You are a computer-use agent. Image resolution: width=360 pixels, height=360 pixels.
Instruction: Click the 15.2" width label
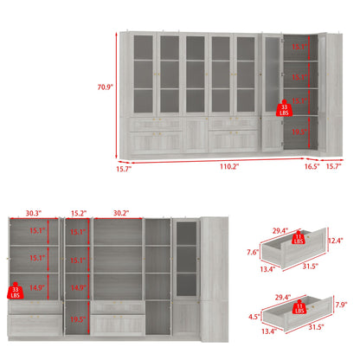click(77, 210)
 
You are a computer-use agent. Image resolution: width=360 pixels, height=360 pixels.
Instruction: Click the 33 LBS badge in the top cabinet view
click(283, 110)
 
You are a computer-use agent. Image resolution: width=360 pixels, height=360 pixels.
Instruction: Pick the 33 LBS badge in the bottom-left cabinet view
click(13, 290)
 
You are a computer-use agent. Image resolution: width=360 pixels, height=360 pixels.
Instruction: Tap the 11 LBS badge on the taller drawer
click(298, 237)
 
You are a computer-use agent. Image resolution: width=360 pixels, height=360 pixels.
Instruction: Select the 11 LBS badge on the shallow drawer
click(298, 305)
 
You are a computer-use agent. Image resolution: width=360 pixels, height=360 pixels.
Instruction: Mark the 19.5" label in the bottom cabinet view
click(78, 318)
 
